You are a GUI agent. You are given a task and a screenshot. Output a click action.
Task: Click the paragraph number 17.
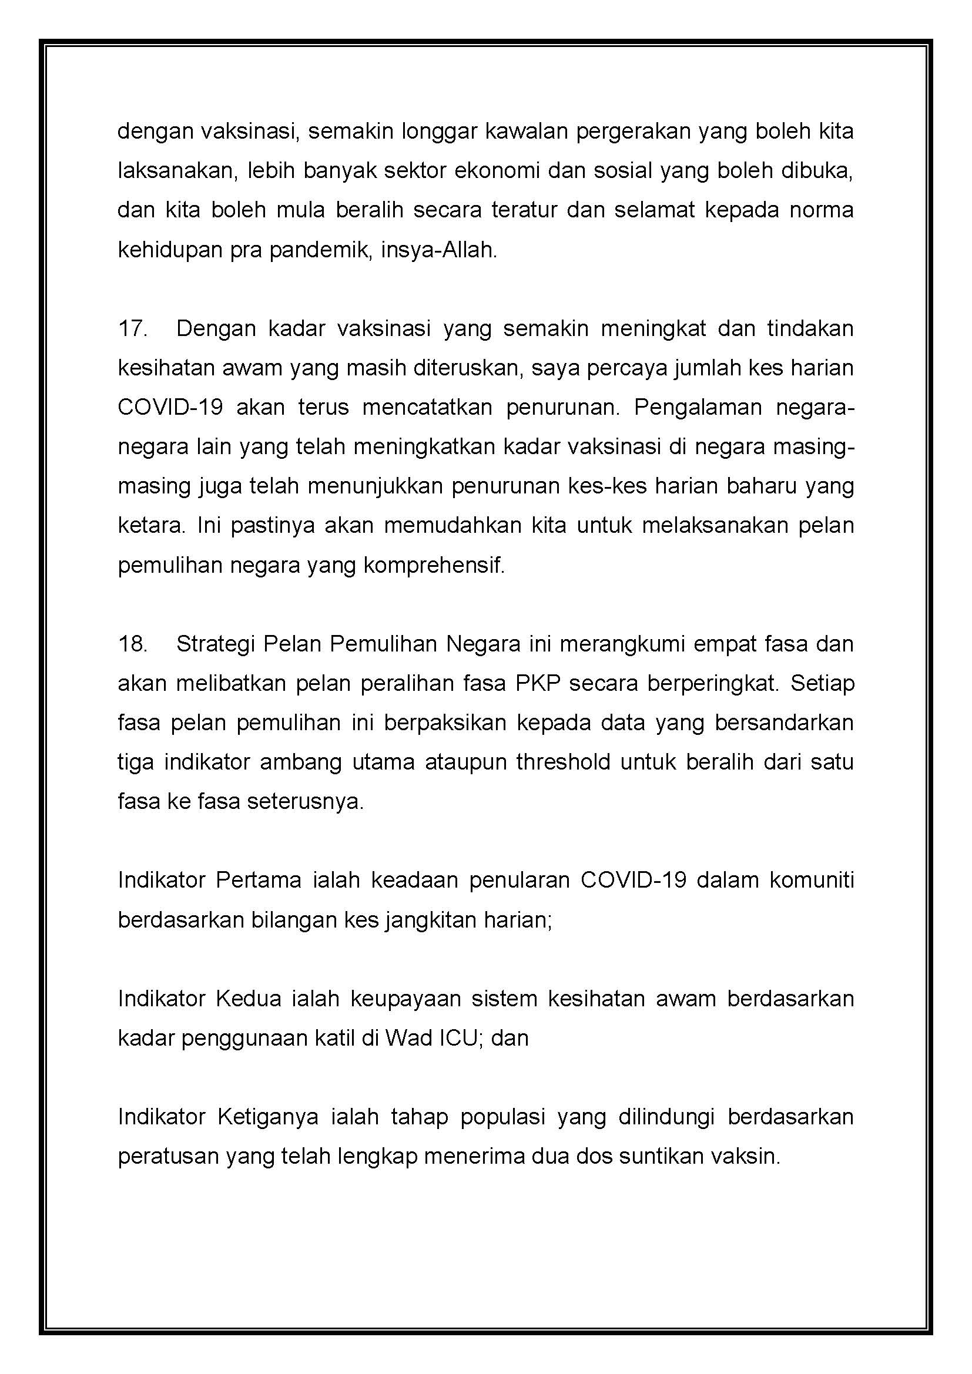tap(132, 328)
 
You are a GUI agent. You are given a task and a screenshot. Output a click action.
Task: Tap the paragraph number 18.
tap(132, 644)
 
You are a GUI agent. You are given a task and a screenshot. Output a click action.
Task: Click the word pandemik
tap(319, 250)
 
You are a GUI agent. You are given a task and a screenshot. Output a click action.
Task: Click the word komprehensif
tap(434, 565)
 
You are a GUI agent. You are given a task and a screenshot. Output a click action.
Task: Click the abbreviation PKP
tap(537, 683)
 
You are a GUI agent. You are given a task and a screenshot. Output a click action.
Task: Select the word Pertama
tap(258, 881)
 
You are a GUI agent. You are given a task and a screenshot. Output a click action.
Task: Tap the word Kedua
tap(248, 999)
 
